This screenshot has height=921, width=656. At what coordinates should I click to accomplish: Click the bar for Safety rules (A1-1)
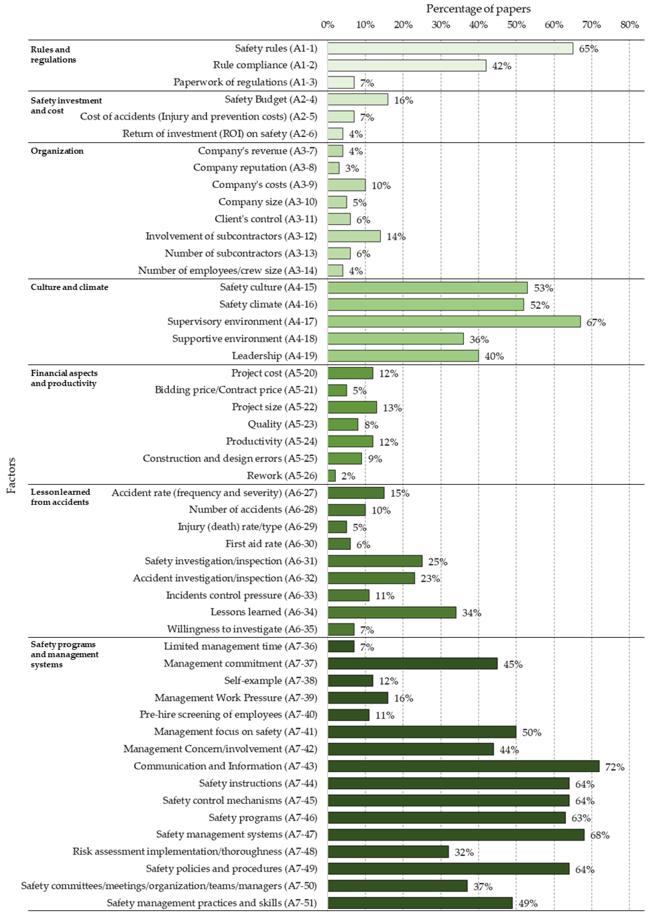pos(450,48)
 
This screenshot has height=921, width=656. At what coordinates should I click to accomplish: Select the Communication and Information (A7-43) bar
pos(463,766)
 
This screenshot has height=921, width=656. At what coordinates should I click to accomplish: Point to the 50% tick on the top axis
pos(516,25)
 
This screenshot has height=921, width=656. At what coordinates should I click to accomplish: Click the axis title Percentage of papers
pos(478,9)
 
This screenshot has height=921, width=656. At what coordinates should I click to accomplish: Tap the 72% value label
pos(614,767)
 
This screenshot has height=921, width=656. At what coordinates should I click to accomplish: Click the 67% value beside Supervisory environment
pos(596,322)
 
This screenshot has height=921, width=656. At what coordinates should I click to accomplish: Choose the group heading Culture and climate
pos(70,287)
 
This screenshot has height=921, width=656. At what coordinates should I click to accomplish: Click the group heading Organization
pos(57,151)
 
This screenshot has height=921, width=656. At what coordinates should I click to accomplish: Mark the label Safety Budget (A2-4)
pos(271,99)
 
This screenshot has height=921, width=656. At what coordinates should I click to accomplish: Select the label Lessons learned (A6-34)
pos(263,612)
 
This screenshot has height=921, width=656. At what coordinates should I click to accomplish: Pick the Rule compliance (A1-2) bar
pos(407,65)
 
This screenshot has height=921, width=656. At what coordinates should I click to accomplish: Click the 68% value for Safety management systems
pos(600,835)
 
